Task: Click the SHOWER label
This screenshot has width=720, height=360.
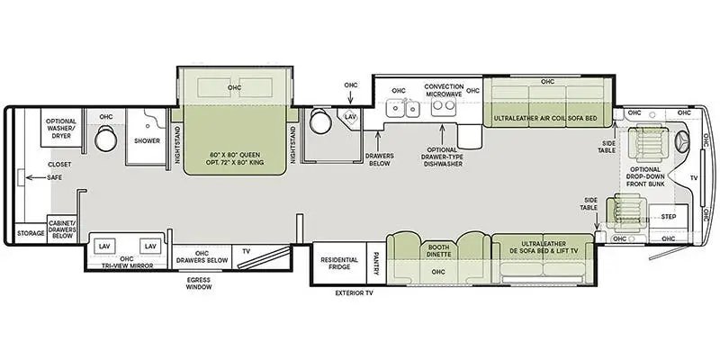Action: pos(147,140)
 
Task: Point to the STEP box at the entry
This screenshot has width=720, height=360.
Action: pos(668,217)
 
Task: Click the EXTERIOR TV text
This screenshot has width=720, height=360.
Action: pos(353,293)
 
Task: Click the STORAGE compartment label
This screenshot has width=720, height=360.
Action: pos(30,233)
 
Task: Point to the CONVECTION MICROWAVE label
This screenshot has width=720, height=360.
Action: pos(443,91)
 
